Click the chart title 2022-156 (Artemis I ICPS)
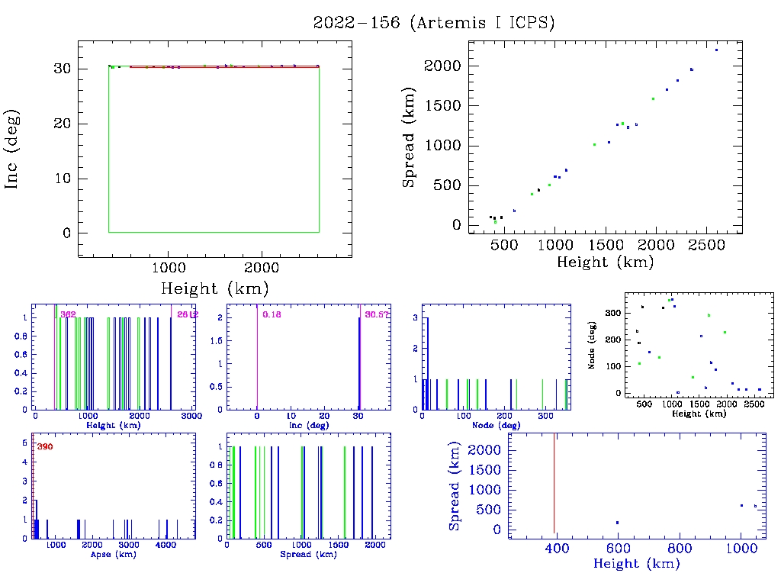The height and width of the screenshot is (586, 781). tap(434, 23)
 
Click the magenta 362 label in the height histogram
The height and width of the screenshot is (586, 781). tap(68, 314)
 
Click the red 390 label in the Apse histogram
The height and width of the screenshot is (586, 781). tap(45, 446)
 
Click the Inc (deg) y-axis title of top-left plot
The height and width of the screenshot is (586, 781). tap(14, 149)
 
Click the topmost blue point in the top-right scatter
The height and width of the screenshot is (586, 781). tap(716, 50)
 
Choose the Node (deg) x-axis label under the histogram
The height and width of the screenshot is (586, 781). tap(496, 425)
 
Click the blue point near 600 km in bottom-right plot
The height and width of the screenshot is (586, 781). tap(617, 523)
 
